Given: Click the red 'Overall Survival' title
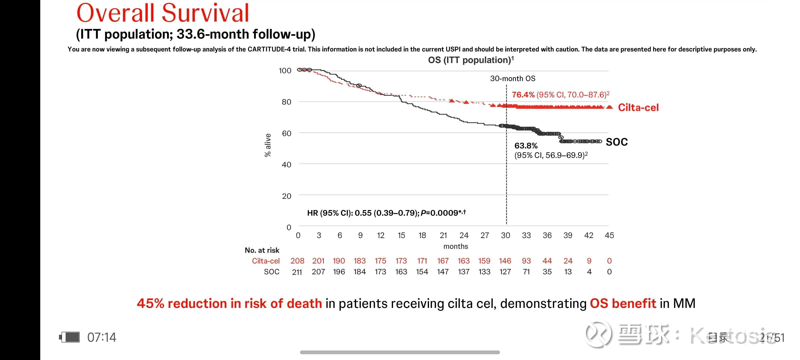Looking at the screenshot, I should coord(163,13).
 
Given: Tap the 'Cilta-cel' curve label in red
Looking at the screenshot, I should coord(638,107).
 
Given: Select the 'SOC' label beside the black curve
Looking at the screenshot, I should coord(616,142).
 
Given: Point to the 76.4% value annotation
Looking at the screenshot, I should coord(523,95).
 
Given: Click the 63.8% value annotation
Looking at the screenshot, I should coord(526,146).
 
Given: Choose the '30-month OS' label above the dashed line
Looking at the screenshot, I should coord(512,78).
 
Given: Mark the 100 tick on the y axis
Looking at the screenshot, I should coord(285,71).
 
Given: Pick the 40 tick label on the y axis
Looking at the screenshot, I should coord(286,164).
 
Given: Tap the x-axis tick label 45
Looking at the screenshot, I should coord(609,235).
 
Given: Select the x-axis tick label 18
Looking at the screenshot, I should coord(422,235).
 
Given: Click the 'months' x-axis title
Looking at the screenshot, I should coord(455,246).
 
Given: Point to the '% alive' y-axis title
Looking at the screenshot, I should coord(267,145).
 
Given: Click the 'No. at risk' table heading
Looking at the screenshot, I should coord(262,250).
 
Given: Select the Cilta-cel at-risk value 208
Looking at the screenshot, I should coord(297,261).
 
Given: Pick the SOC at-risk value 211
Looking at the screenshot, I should coord(297,272).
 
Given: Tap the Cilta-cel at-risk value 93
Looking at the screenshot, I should coord(526,261).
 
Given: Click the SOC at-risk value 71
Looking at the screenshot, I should coord(526,272).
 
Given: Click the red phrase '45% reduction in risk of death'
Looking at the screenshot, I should coord(229,303).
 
